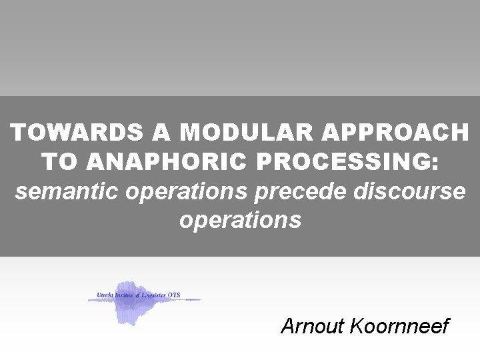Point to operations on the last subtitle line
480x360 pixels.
tap(240, 220)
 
